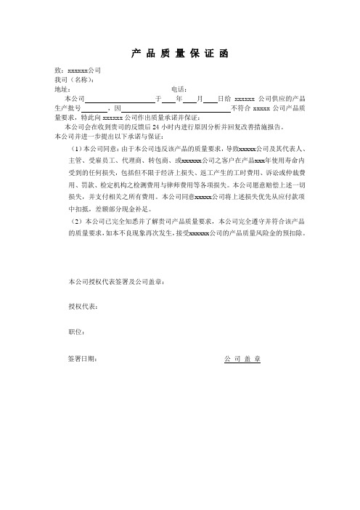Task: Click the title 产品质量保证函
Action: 181,53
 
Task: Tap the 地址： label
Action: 62,89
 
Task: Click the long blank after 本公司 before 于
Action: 120,98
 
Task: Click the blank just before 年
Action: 168,98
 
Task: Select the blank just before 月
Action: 190,98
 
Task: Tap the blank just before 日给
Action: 211,98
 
